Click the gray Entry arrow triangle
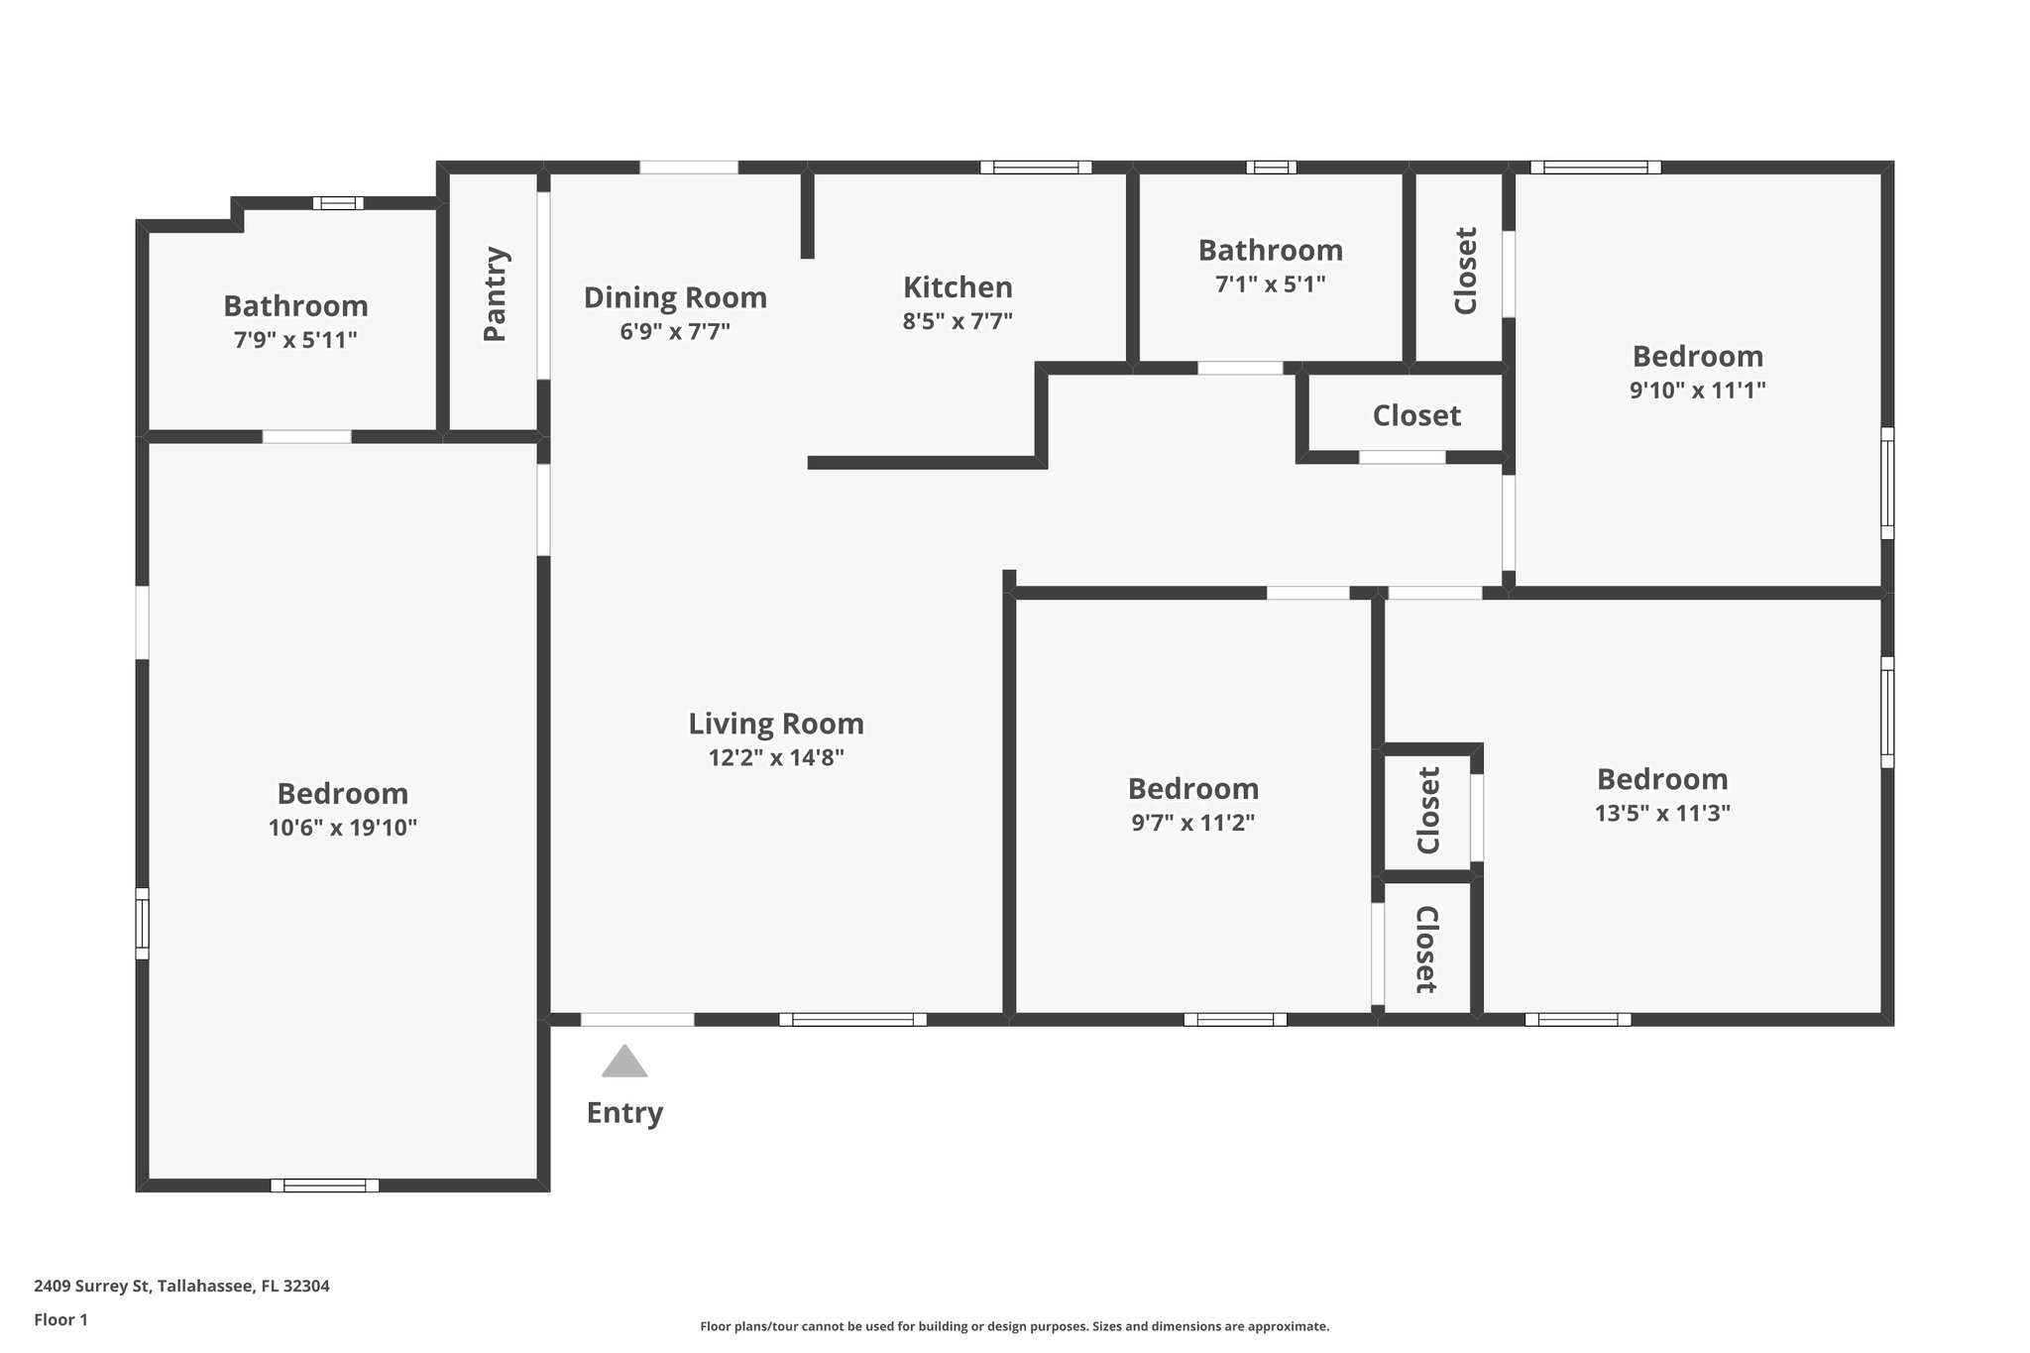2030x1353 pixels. (x=624, y=1063)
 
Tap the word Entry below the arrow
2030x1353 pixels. (x=624, y=1112)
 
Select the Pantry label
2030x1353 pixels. (x=495, y=294)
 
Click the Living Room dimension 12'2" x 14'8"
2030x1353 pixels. (x=776, y=758)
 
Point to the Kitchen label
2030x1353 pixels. (x=958, y=287)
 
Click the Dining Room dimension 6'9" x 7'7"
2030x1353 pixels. (x=675, y=331)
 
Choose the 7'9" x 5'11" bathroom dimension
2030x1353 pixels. (x=295, y=340)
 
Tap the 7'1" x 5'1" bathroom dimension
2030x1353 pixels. (x=1270, y=284)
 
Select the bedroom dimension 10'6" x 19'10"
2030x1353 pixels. (x=342, y=828)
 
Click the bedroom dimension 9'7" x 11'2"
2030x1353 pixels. (x=1193, y=823)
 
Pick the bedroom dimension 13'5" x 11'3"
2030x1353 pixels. (x=1662, y=813)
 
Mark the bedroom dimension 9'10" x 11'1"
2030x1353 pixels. (x=1697, y=390)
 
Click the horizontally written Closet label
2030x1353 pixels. (x=1416, y=416)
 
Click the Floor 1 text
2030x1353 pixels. (x=60, y=1319)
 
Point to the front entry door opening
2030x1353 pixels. (x=637, y=1019)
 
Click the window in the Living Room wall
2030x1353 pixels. (x=852, y=1019)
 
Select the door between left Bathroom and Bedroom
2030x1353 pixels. (x=306, y=436)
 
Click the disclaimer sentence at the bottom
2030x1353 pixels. (x=1014, y=1326)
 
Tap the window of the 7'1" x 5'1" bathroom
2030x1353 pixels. (x=1271, y=168)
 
